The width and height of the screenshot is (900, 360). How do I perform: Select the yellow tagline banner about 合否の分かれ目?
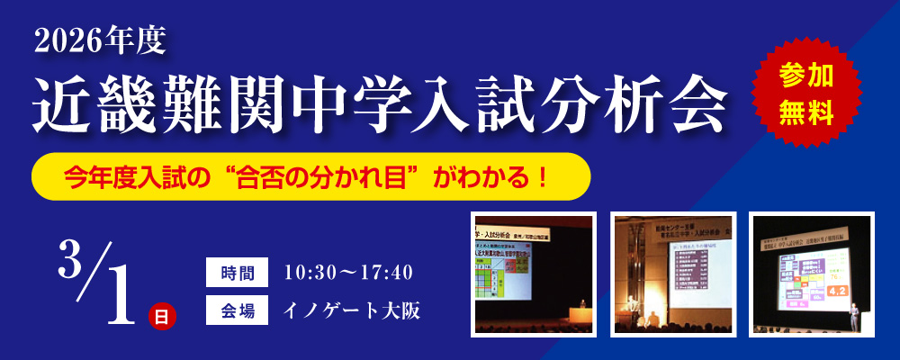[310, 177]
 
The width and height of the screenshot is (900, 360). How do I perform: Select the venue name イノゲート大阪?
[352, 310]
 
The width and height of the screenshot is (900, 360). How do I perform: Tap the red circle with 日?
[161, 316]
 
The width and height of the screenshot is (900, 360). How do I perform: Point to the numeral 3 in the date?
[70, 260]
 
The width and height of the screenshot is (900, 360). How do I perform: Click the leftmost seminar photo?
[534, 274]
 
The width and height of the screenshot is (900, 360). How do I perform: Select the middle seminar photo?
[673, 274]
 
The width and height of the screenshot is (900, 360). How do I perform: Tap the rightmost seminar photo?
[811, 274]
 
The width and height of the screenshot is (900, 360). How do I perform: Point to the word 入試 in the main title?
[467, 102]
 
